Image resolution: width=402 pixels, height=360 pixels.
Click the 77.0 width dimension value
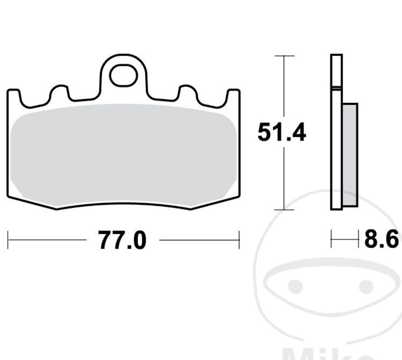point(122,240)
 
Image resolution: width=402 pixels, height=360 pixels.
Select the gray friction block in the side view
point(350,155)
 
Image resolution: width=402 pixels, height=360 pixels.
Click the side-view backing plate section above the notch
point(336,71)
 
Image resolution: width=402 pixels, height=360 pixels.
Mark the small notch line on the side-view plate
point(336,88)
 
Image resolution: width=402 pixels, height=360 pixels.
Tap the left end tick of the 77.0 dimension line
point(8,240)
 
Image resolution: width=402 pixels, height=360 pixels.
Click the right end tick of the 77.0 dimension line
point(239,240)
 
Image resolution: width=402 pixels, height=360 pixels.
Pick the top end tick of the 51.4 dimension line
point(284,56)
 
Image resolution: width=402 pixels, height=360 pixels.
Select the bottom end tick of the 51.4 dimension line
point(284,210)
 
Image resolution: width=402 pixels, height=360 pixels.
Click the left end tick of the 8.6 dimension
point(331,239)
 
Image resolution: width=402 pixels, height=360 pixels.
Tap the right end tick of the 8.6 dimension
point(358,239)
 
